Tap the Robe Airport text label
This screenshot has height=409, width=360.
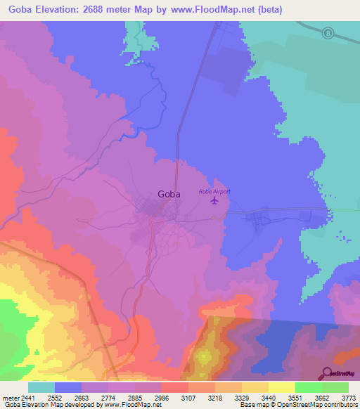click(x=214, y=191)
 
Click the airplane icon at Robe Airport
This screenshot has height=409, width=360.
click(x=214, y=202)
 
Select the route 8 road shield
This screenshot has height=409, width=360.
click(x=328, y=33)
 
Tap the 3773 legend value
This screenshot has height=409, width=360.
click(x=349, y=397)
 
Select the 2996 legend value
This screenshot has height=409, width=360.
click(x=162, y=397)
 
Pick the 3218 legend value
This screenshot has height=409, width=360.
click(x=215, y=397)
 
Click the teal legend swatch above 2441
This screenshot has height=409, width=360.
click(x=41, y=387)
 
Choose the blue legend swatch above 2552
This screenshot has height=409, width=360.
click(x=68, y=387)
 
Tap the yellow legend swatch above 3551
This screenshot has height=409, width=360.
click(x=282, y=387)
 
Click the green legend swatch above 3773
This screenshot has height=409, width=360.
click(x=335, y=387)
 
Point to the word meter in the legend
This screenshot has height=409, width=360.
click(x=10, y=397)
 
